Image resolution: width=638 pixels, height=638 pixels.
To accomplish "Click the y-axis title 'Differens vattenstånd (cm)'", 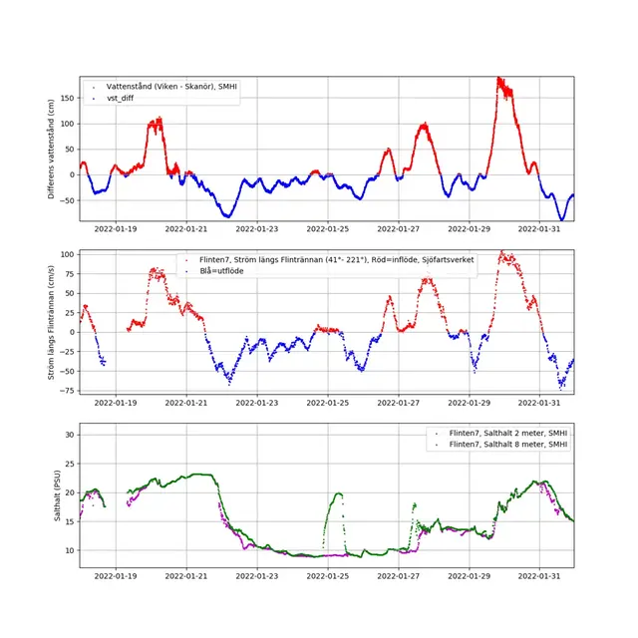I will (52, 149).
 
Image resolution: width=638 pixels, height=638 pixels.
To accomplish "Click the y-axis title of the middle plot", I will (52, 321).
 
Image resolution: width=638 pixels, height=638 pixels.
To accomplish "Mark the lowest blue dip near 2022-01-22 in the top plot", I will (228, 215).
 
